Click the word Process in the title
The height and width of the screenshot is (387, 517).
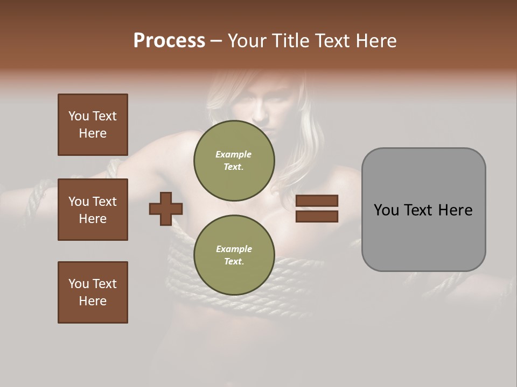pos(169,41)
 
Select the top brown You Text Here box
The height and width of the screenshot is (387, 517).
pos(93,125)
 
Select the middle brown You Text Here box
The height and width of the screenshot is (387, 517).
pos(93,210)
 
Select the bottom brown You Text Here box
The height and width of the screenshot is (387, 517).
pos(93,292)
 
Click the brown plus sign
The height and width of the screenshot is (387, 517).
pos(166,209)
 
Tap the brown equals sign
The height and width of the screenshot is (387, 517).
pos(317,209)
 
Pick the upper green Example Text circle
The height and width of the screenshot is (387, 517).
pos(234,160)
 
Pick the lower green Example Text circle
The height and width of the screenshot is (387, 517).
pos(234,255)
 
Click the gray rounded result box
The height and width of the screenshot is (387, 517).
pos(423,210)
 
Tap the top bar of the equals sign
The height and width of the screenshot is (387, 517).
pos(317,201)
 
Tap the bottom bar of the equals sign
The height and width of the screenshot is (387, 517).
pos(317,216)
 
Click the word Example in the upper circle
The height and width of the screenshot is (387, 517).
pos(234,154)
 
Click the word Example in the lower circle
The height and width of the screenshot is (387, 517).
pos(234,249)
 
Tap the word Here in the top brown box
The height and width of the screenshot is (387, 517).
pos(93,133)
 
